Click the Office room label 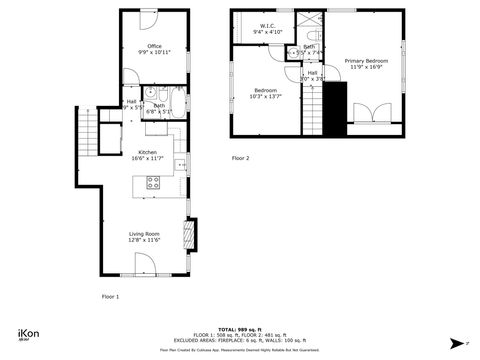pyautogui.click(x=153, y=46)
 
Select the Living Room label pyautogui.click(x=144, y=236)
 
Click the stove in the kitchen pyautogui.click(x=154, y=182)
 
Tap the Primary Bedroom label pyautogui.click(x=365, y=63)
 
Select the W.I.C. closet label pyautogui.click(x=268, y=27)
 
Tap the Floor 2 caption pyautogui.click(x=241, y=158)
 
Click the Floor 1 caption pyautogui.click(x=110, y=296)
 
